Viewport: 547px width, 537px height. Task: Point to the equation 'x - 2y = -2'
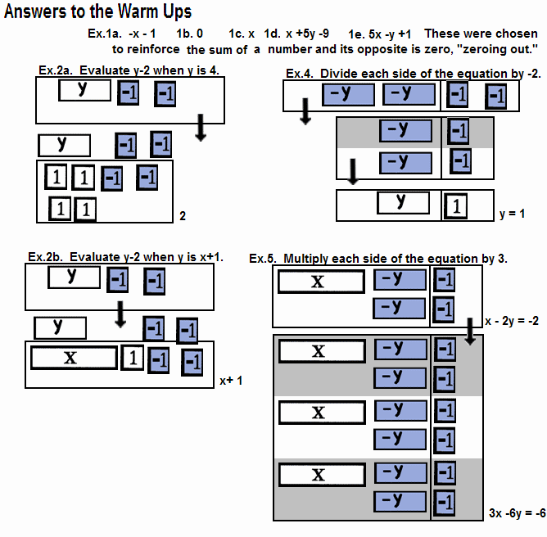coord(511,321)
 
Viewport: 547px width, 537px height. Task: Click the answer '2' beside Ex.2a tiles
coord(183,217)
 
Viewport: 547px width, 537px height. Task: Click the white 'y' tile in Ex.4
coord(401,202)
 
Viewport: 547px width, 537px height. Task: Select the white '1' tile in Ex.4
coord(454,206)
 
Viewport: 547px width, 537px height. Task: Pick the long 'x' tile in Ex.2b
coord(71,358)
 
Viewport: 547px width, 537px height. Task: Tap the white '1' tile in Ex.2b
coord(133,358)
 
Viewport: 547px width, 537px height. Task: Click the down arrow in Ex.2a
coord(199,127)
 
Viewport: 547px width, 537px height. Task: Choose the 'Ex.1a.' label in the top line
coord(105,34)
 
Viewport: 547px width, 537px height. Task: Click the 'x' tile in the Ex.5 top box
coord(320,282)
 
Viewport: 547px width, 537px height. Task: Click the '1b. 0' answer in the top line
coord(190,34)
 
